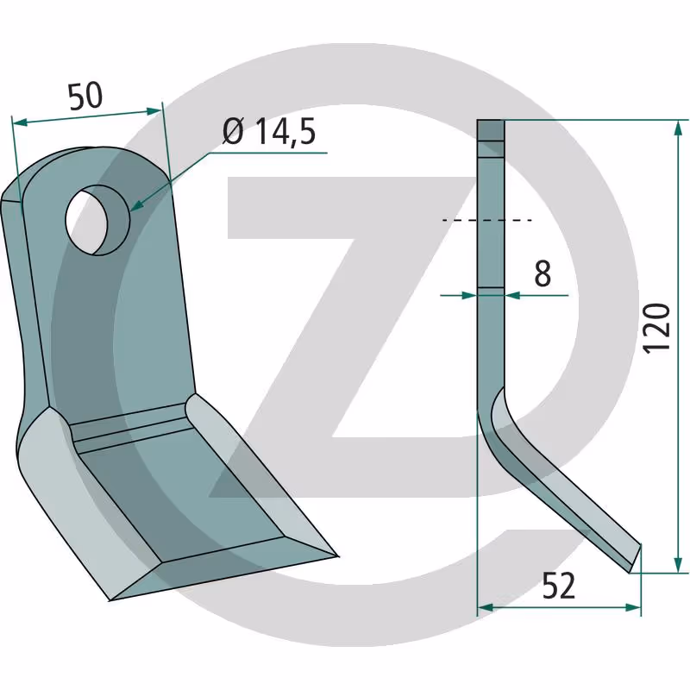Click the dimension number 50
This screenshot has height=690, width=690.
click(x=85, y=96)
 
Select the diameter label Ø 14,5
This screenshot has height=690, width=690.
click(x=269, y=132)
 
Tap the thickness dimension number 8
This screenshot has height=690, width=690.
click(x=543, y=273)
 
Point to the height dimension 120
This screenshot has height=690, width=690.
click(x=656, y=328)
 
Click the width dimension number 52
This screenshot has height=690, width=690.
click(x=558, y=586)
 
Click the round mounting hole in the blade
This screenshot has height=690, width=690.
click(x=97, y=220)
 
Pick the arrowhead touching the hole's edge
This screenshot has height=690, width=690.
click(x=137, y=204)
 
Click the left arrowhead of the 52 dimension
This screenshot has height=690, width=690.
click(x=486, y=608)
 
